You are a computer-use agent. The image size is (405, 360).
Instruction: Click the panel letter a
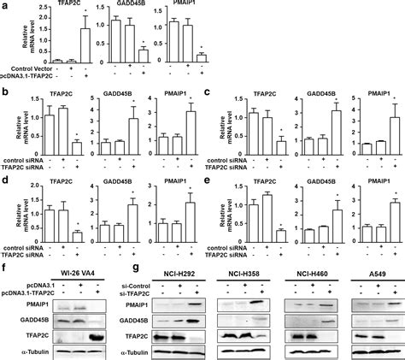pyautogui.click(x=5, y=7)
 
